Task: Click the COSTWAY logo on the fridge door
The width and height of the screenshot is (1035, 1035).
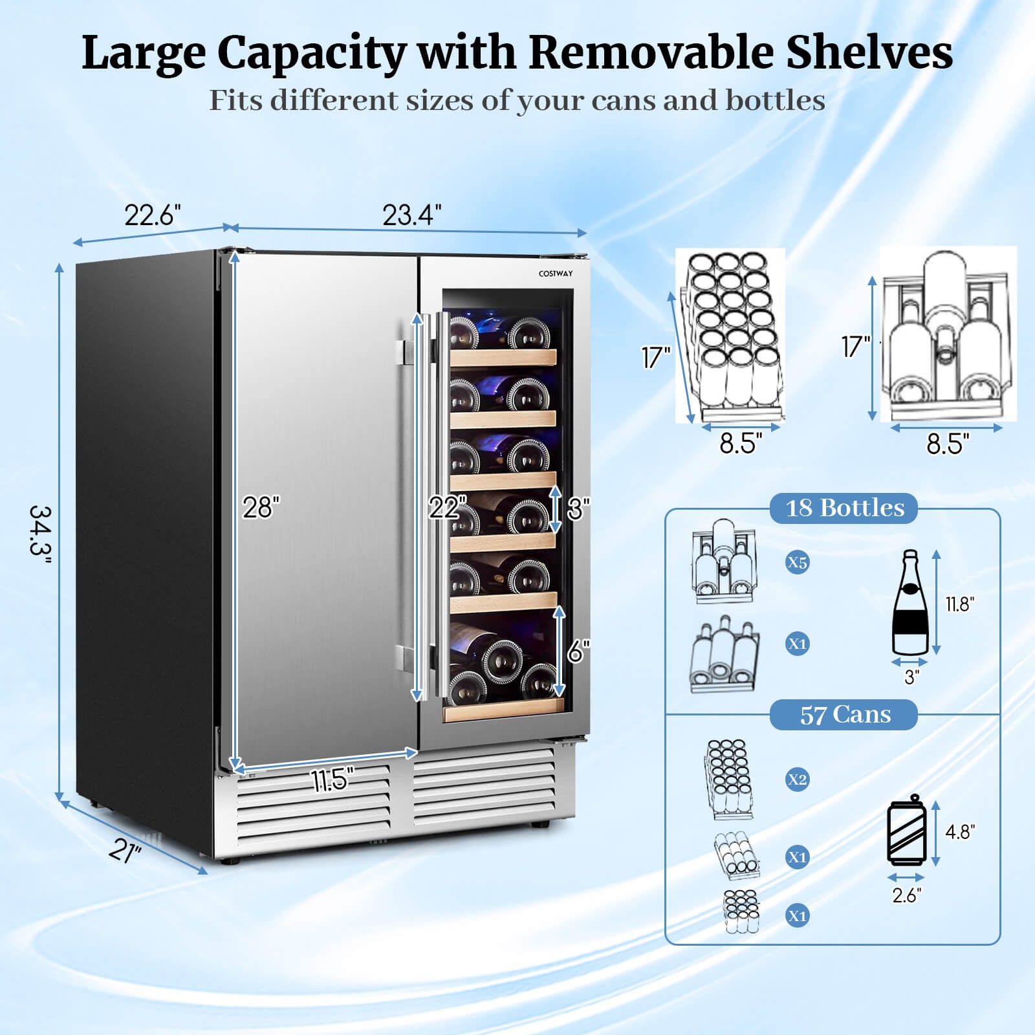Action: click(x=555, y=274)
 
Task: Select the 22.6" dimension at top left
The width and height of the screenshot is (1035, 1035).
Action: click(x=153, y=215)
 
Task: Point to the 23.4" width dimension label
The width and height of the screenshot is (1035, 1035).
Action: click(x=411, y=215)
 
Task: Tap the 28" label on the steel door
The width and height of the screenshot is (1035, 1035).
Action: click(x=261, y=508)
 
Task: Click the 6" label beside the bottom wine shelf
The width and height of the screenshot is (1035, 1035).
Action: click(x=578, y=651)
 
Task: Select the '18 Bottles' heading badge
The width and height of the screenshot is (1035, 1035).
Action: click(x=844, y=508)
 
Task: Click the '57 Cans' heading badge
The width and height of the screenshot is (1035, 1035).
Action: click(x=844, y=715)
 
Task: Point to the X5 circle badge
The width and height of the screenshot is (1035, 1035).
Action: click(x=797, y=563)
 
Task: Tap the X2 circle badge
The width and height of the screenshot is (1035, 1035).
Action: click(x=797, y=780)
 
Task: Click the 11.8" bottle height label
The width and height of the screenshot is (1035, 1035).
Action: click(x=959, y=604)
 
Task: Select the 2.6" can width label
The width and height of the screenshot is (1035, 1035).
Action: click(x=906, y=895)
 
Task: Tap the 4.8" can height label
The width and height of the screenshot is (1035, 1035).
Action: click(x=959, y=832)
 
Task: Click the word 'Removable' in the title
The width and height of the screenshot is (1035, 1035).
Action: click(x=652, y=53)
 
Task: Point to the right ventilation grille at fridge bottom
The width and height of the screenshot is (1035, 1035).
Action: click(x=484, y=786)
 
